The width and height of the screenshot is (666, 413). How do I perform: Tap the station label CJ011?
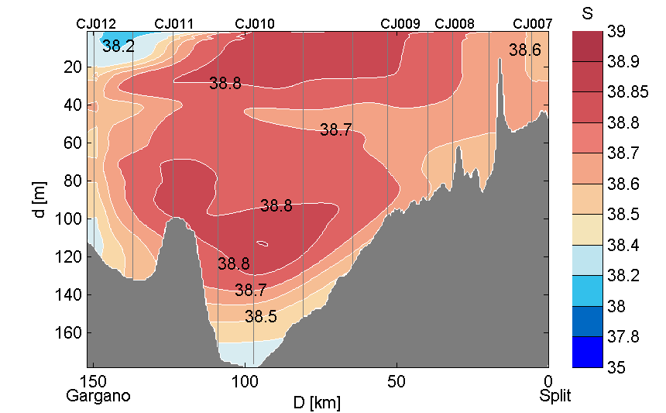[x=174, y=24]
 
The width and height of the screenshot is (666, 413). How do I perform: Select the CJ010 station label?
[x=254, y=24]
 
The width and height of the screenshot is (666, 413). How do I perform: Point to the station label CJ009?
[x=400, y=24]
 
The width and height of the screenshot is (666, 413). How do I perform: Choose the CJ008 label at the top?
[x=455, y=24]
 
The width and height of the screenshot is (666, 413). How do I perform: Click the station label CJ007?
[x=533, y=24]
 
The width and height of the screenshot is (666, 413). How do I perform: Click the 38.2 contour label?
[x=118, y=46]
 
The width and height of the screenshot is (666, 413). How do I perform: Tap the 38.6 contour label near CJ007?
[x=525, y=50]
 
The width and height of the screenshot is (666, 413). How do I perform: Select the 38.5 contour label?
[x=261, y=316]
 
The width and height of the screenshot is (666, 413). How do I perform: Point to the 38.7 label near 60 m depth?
[x=336, y=130]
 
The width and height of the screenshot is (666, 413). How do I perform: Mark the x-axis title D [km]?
[x=316, y=403]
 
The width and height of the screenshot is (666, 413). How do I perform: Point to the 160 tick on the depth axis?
[x=72, y=332]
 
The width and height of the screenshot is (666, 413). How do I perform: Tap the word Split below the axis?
[x=555, y=396]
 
